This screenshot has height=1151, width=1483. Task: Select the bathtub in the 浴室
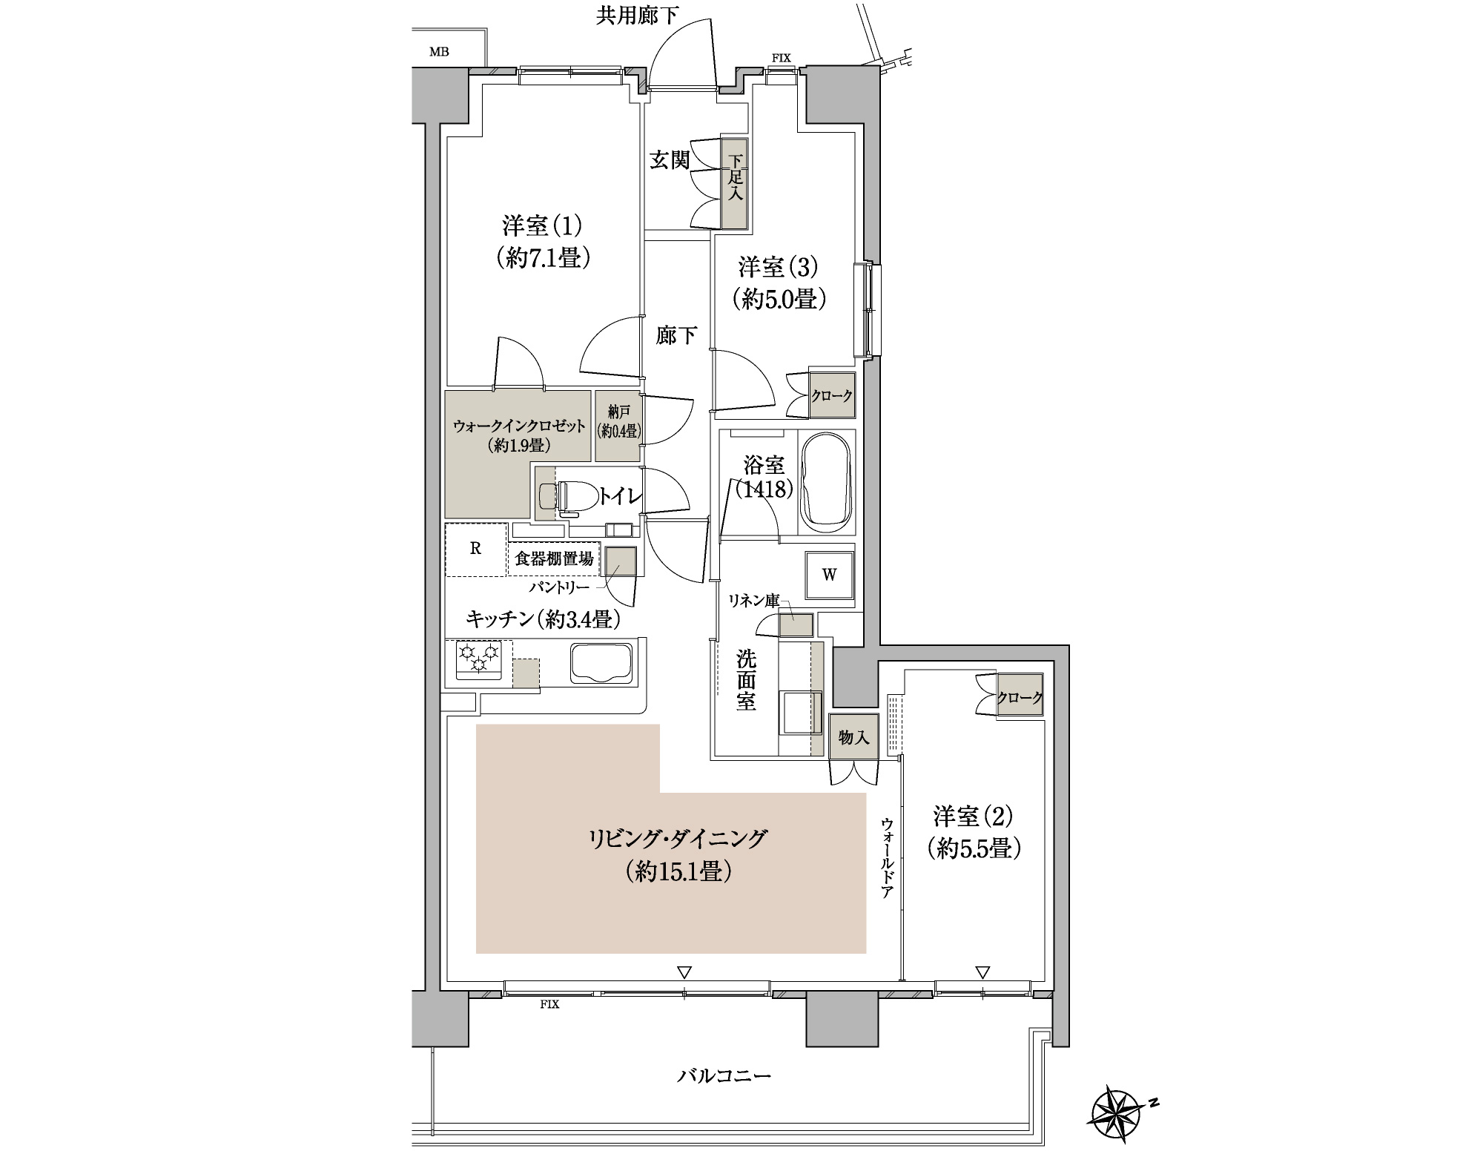point(827,481)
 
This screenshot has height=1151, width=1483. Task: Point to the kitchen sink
point(602,662)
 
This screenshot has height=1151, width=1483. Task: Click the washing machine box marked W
point(829,575)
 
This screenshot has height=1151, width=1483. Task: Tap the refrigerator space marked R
point(475,550)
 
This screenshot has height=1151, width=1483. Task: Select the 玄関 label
point(670,159)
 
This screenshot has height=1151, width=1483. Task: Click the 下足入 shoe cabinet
point(736,183)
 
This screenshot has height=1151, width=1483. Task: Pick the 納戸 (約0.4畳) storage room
point(618,426)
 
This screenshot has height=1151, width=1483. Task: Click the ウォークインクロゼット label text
point(519,426)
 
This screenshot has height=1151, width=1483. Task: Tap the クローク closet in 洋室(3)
point(831,396)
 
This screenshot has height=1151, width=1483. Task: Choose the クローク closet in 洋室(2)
point(1020,695)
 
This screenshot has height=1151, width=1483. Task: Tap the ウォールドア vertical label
point(887,858)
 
